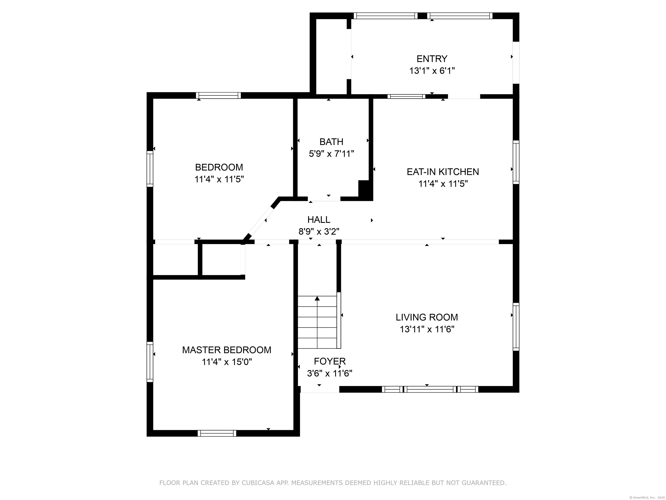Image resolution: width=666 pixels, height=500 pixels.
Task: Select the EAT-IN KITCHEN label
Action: [443, 172]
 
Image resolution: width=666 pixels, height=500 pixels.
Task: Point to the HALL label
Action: [319, 219]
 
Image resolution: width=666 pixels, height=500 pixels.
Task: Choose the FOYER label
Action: [330, 361]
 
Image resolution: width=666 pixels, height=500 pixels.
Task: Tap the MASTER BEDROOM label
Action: [227, 350]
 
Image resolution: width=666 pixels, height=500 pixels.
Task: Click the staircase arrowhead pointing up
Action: [317, 298]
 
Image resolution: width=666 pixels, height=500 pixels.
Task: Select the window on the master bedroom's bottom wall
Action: [217, 433]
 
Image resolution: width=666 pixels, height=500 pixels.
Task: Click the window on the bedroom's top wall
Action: [218, 95]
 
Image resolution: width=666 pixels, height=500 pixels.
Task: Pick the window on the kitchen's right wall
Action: [516, 162]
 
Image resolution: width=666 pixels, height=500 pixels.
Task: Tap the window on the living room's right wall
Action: [516, 327]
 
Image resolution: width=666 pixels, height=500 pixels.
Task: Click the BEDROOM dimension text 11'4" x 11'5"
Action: [219, 179]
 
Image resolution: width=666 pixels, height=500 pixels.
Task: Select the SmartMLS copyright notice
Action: [648, 497]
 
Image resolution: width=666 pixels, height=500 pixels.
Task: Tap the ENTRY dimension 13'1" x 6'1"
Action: [432, 71]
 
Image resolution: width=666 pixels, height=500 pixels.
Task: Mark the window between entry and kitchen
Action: [406, 96]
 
